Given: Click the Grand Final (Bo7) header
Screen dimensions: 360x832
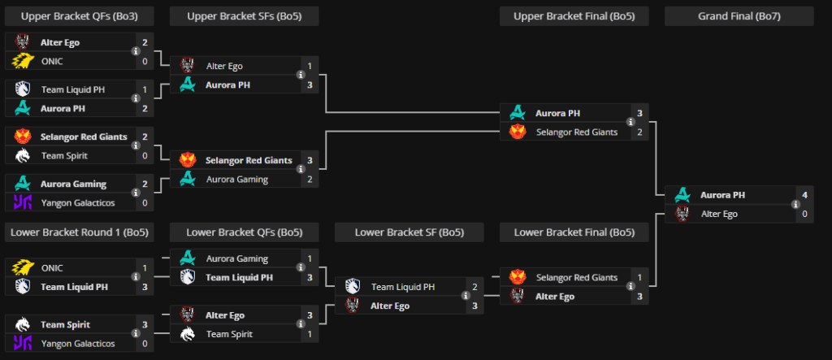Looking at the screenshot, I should tap(739, 16).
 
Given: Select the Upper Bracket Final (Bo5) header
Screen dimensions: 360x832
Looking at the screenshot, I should tap(574, 16).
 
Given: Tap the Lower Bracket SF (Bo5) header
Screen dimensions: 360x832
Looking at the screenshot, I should tap(409, 233).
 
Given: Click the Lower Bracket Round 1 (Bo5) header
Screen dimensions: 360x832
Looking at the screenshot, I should tap(80, 233).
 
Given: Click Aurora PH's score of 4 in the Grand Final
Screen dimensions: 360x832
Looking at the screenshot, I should tap(804, 195).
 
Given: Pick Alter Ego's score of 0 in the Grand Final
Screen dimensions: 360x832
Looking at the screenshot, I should tap(804, 215).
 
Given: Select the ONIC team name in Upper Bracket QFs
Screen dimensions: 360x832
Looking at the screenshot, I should tap(52, 61).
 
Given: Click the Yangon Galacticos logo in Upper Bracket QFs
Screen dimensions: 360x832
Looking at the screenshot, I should tap(23, 202).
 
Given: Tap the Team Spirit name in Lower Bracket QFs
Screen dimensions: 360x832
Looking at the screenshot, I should tap(228, 334).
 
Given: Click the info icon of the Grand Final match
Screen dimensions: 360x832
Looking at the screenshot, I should tap(793, 205).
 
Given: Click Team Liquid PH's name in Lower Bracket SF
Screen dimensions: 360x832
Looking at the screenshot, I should tap(403, 287).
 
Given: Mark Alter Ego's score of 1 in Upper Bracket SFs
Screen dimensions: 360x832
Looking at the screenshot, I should tap(310, 66).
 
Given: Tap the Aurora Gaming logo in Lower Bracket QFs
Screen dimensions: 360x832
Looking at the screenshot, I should tap(188, 258).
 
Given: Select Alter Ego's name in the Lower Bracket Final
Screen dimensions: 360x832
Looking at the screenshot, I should tap(555, 297).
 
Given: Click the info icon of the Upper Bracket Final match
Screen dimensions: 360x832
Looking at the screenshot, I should tap(629, 123).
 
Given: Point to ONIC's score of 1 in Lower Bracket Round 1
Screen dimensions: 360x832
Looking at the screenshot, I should tap(145, 268).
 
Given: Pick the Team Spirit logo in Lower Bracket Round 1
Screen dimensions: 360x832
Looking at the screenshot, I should tap(23, 324).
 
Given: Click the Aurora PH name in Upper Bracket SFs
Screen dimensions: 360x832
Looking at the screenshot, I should tap(228, 85).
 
